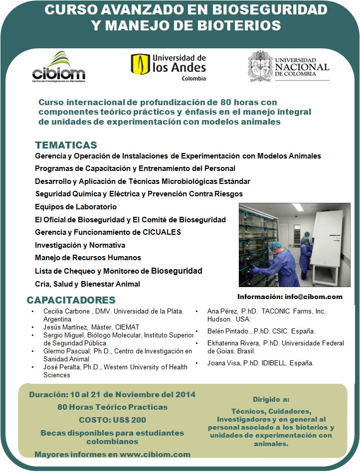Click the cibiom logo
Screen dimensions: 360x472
58,67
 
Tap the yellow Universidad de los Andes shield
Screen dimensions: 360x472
140,64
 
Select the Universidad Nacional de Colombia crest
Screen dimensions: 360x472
260,66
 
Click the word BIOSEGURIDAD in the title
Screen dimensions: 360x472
270,9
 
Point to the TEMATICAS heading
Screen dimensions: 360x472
66,145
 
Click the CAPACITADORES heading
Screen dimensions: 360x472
71,300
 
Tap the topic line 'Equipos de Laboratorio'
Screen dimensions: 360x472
76,207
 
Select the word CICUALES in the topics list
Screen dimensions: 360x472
162,232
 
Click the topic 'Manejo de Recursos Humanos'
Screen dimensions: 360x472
88,258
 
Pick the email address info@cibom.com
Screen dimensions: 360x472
314,297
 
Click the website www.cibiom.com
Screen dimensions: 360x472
155,454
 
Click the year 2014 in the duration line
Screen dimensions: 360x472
185,395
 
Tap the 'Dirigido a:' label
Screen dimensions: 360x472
271,399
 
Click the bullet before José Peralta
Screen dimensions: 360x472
33,367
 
